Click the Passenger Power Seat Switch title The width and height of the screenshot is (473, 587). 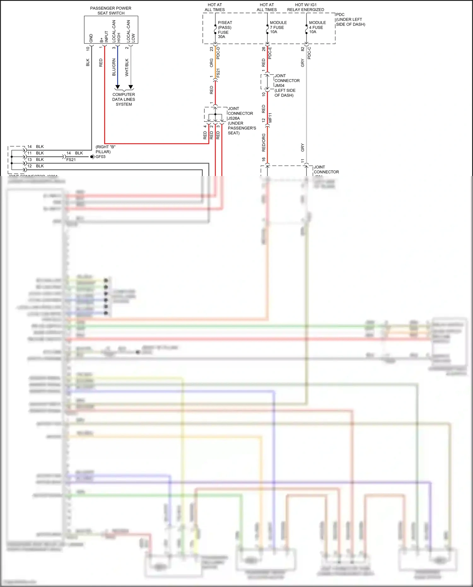click(111, 11)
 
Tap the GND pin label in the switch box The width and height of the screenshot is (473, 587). click(91, 38)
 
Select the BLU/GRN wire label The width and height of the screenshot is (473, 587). click(114, 67)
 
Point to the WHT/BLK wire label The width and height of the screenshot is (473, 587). click(127, 67)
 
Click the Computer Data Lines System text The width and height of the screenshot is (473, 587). click(124, 99)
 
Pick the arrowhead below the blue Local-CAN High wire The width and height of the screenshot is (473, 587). click(118, 87)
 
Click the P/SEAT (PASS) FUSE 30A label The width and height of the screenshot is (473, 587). click(225, 30)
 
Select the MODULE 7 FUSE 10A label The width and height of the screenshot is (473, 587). click(278, 27)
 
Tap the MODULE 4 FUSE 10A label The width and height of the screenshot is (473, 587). click(317, 27)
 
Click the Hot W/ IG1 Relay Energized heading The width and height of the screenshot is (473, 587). click(306, 7)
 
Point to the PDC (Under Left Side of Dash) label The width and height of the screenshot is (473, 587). click(350, 20)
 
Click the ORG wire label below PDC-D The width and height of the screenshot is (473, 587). click(212, 63)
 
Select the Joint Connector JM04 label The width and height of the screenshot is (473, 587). click(286, 85)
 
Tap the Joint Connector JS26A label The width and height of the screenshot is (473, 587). click(241, 121)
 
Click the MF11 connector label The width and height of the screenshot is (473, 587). click(270, 118)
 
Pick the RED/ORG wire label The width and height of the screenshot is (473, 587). click(264, 142)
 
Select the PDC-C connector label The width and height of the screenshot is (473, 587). click(309, 53)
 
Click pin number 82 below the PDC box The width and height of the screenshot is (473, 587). click(303, 49)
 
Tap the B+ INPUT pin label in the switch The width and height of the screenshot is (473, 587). click(104, 37)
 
